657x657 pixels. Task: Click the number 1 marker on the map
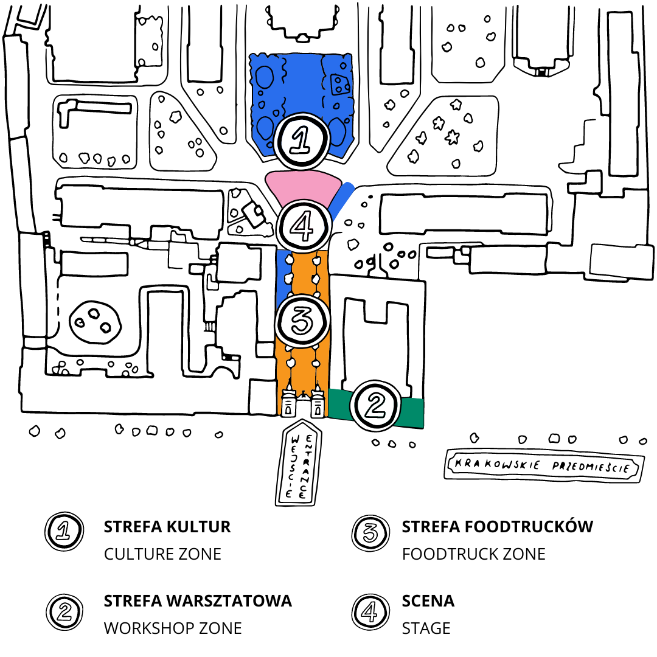click(302, 141)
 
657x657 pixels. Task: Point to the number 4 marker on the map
click(304, 227)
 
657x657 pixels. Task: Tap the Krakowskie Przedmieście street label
click(543, 467)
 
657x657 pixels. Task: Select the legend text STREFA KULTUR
click(167, 527)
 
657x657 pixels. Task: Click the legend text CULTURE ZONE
click(162, 554)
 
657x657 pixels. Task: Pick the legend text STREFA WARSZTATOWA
click(198, 601)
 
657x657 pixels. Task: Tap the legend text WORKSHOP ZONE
click(173, 628)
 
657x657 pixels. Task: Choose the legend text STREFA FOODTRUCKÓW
click(497, 527)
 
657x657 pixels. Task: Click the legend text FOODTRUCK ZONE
click(473, 554)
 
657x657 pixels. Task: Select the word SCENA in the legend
click(428, 601)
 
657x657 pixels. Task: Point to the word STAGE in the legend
click(426, 628)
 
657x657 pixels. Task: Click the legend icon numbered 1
click(64, 532)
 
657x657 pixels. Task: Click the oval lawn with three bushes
click(96, 321)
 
